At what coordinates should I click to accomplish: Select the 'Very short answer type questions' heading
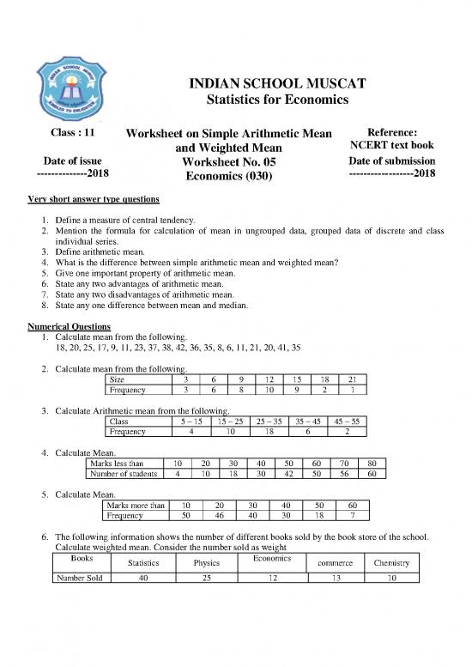pos(93,200)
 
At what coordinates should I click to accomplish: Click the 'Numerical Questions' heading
pos(69,327)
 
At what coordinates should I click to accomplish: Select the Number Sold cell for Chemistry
pos(391,579)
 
